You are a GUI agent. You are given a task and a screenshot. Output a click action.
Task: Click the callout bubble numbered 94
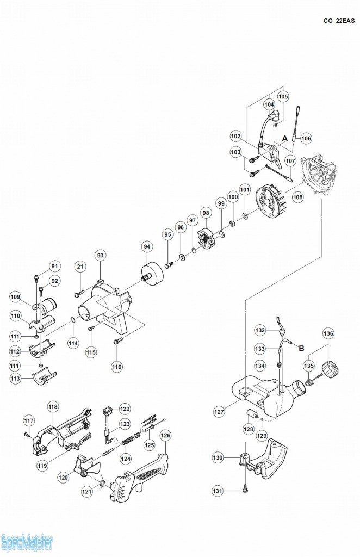point(146,247)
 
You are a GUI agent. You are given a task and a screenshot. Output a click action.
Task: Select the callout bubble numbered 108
point(298,197)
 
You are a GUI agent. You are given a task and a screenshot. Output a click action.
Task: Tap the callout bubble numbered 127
point(219,412)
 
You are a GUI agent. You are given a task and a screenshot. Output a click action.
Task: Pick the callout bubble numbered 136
point(328,333)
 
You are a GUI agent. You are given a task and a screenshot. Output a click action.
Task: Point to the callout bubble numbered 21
point(80,266)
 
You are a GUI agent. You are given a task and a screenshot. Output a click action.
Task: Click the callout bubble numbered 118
point(53,407)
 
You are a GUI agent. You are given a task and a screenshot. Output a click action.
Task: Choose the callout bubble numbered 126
point(165,435)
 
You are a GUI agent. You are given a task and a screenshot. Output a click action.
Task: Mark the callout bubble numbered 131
point(218,491)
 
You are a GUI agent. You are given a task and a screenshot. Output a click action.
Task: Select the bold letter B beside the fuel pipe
point(300,344)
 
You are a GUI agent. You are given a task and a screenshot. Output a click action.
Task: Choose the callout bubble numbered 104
point(269,103)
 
